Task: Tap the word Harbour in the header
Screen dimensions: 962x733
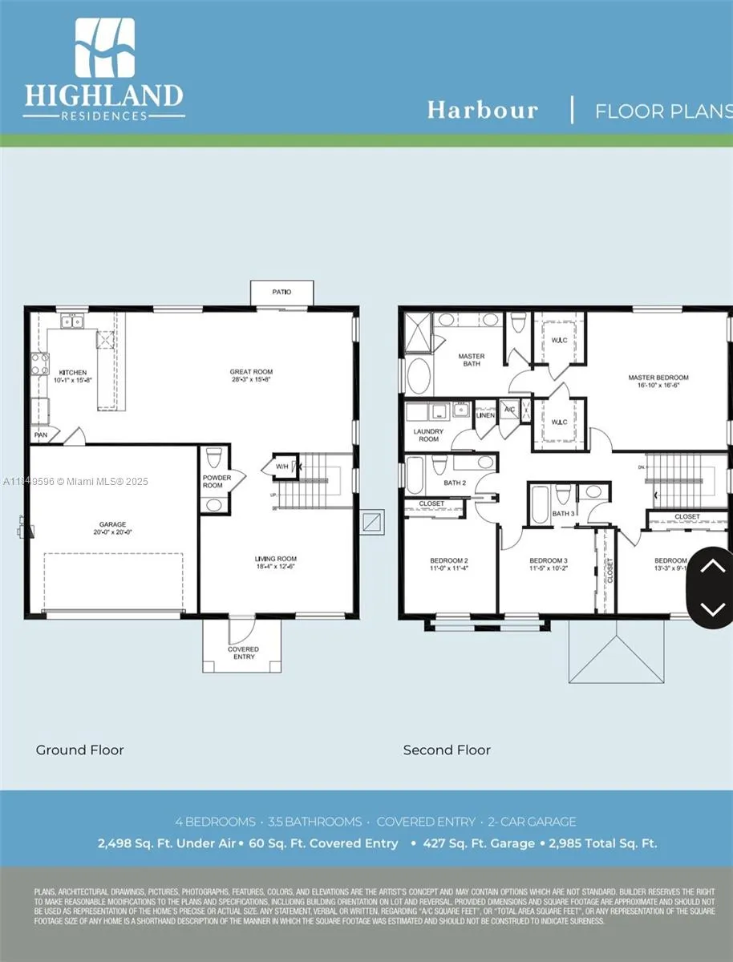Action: click(482, 110)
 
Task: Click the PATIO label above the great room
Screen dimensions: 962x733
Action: click(281, 292)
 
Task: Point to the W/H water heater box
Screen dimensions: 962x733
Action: click(283, 467)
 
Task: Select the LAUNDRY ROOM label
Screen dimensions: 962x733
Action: click(428, 435)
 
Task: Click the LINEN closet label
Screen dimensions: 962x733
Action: click(485, 414)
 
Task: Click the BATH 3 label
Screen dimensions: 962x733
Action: click(563, 513)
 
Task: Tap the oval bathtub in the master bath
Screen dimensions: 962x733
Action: click(419, 376)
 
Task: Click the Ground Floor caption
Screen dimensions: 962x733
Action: click(79, 750)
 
